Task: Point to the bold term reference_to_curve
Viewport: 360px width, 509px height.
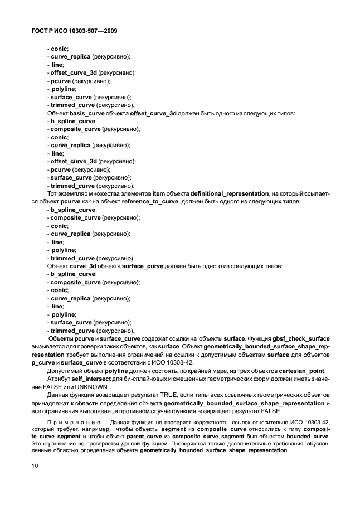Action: coord(147,201)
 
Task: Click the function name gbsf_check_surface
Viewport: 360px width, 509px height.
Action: coord(301,339)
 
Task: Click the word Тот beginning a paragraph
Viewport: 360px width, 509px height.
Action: coord(53,193)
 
